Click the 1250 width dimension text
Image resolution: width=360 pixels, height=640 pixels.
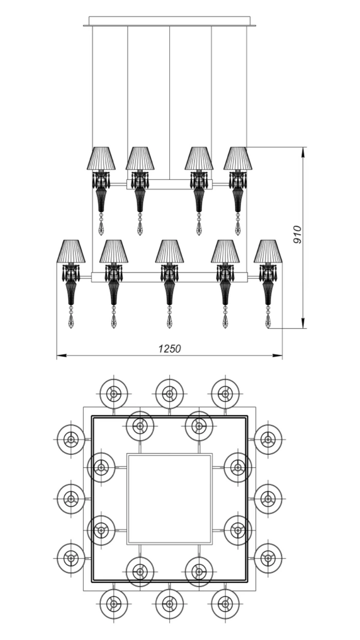point(170,349)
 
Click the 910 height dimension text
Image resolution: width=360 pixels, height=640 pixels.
point(297,235)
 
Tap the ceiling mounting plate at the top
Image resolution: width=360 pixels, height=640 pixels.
point(170,22)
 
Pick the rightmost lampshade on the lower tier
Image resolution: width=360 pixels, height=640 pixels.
point(268,251)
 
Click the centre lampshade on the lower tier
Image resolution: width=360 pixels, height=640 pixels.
point(169,251)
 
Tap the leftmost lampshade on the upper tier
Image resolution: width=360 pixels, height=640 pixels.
point(101,158)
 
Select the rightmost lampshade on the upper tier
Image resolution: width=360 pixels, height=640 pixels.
point(238,158)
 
